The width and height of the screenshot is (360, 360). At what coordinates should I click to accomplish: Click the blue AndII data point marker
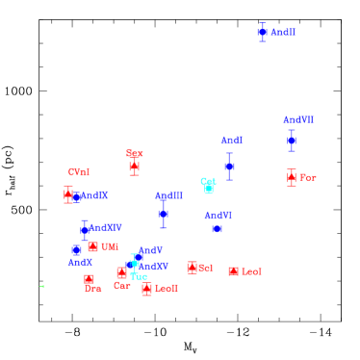pyautogui.click(x=262, y=32)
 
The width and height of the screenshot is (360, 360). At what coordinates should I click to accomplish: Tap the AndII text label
pyautogui.click(x=283, y=33)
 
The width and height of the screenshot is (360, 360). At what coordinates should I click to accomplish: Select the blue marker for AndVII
pyautogui.click(x=291, y=141)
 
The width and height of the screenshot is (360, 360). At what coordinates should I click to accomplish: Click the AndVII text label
pyautogui.click(x=297, y=120)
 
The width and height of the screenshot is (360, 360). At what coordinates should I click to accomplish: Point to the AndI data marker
pyautogui.click(x=229, y=167)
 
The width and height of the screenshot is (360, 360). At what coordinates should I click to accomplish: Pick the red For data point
pyautogui.click(x=291, y=178)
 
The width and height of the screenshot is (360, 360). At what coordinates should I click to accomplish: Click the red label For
pyautogui.click(x=308, y=178)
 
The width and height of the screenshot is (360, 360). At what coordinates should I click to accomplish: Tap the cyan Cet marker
pyautogui.click(x=208, y=189)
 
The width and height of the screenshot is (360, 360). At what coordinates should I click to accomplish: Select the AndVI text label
pyautogui.click(x=218, y=216)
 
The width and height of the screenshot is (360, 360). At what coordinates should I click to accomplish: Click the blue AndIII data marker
pyautogui.click(x=164, y=213)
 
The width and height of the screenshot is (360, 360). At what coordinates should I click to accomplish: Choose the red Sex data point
pyautogui.click(x=134, y=167)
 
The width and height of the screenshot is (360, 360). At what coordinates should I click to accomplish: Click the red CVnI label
pyautogui.click(x=79, y=172)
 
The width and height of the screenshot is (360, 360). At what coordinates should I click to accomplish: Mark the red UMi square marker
pyautogui.click(x=92, y=246)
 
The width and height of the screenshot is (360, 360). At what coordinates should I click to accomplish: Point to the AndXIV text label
pyautogui.click(x=106, y=228)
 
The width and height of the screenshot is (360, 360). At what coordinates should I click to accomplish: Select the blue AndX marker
pyautogui.click(x=76, y=249)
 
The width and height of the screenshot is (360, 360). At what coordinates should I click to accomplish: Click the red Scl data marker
pyautogui.click(x=192, y=268)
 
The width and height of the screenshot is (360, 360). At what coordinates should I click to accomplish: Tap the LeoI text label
pyautogui.click(x=251, y=272)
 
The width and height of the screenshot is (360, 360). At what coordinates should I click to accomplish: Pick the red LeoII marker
pyautogui.click(x=146, y=289)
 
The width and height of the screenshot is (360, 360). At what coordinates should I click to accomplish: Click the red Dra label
pyautogui.click(x=93, y=289)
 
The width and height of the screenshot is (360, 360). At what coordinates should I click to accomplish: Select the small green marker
pyautogui.click(x=41, y=286)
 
